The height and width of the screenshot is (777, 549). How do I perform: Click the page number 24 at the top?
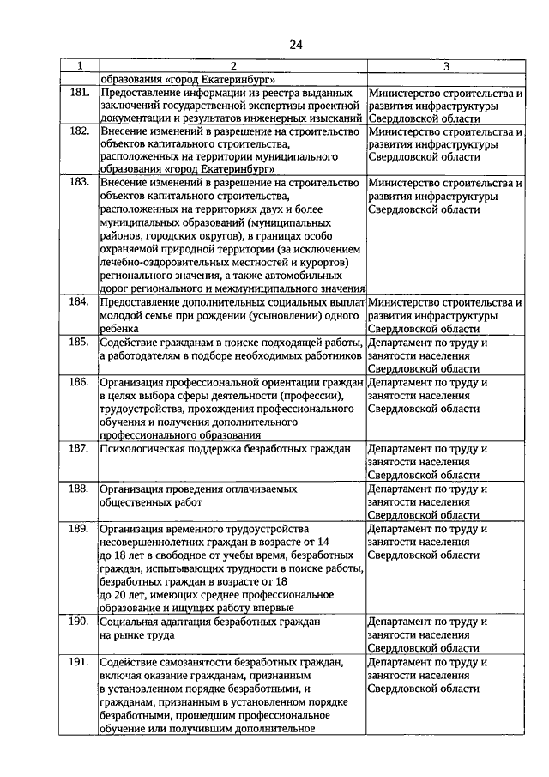(x=295, y=44)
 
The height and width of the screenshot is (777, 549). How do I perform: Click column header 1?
(x=80, y=65)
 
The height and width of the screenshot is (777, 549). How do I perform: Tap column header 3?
(x=446, y=65)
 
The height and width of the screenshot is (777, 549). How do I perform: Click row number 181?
(x=79, y=91)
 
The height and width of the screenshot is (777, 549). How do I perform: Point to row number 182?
(x=79, y=131)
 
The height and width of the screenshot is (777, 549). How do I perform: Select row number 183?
(x=79, y=183)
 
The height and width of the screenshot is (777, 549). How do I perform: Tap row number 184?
(x=79, y=302)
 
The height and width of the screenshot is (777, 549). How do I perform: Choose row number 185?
(x=79, y=343)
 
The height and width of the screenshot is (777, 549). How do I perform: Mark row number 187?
(x=79, y=448)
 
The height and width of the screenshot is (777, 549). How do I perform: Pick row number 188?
(x=79, y=489)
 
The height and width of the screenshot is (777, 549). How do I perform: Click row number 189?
(x=79, y=528)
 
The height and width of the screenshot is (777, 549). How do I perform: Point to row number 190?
(x=79, y=621)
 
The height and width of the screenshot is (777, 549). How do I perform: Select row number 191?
(x=79, y=662)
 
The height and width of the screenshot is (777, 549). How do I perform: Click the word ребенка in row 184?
(x=120, y=329)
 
